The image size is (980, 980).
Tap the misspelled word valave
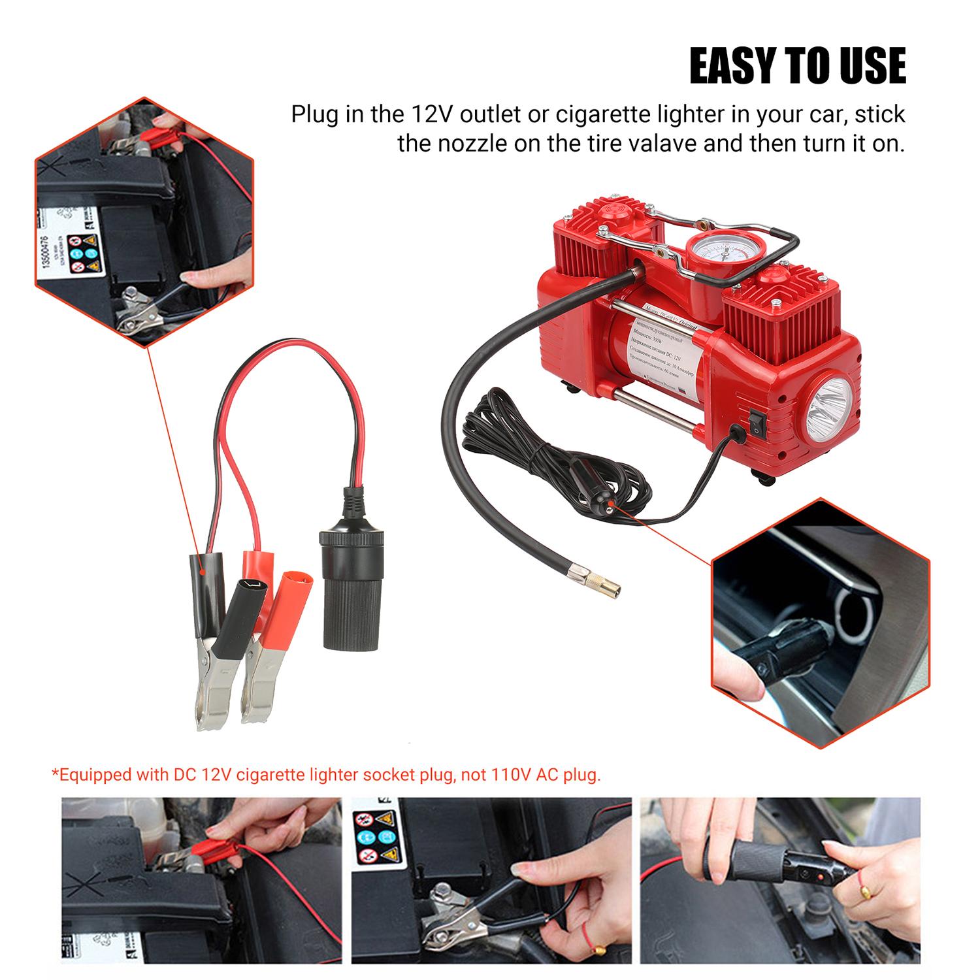coord(655,143)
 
